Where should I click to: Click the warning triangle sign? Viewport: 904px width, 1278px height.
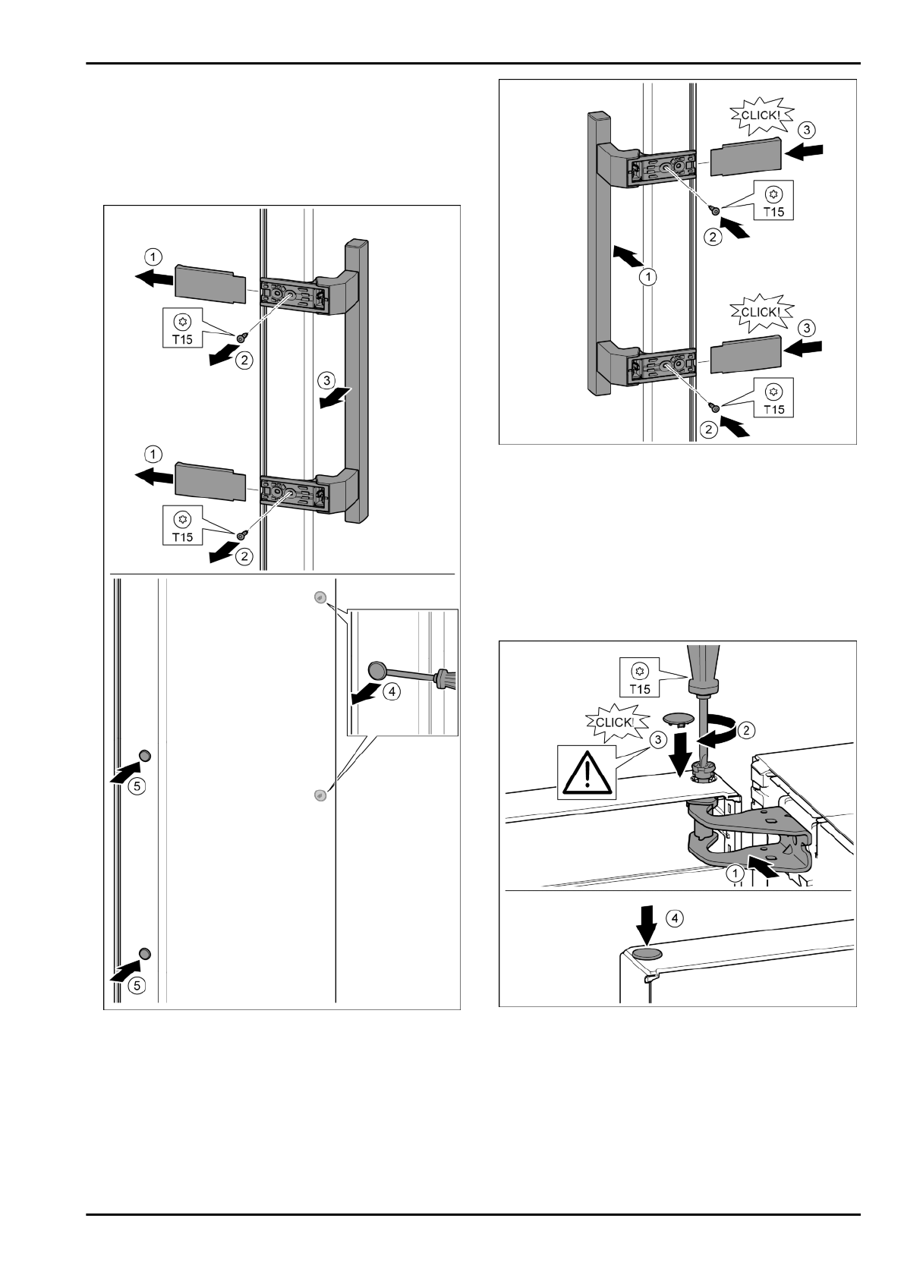click(x=587, y=773)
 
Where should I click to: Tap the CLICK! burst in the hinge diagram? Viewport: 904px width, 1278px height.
click(x=614, y=722)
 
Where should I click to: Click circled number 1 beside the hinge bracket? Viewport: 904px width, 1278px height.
click(x=735, y=874)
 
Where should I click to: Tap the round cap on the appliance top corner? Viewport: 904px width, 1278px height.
click(x=647, y=953)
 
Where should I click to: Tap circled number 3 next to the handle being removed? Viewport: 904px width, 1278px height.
click(x=326, y=379)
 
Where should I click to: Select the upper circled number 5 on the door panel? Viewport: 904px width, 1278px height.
click(x=136, y=786)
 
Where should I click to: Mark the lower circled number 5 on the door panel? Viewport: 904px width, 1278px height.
click(x=136, y=985)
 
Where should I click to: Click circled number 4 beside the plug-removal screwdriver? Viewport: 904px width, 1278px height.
click(x=390, y=691)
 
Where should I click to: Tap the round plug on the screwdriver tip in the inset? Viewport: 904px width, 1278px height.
click(x=377, y=669)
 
